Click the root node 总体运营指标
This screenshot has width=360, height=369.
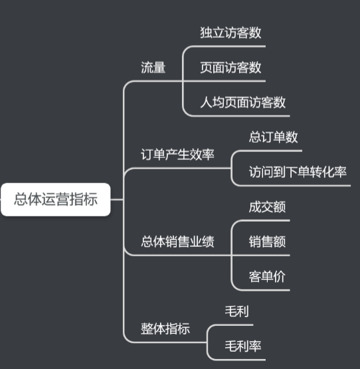56,199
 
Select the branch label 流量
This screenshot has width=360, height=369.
153,68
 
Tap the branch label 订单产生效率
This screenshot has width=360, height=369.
177,155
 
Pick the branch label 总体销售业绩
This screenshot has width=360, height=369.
177,242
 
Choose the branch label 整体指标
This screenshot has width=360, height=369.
165,329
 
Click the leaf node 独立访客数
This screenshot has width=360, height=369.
230,33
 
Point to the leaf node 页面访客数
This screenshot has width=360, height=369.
230,67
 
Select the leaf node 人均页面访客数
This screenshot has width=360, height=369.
243,102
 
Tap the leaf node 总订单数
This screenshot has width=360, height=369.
273,137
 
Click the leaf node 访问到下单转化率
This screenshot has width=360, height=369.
298,172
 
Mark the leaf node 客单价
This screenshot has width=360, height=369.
267,277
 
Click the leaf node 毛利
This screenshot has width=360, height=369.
237,311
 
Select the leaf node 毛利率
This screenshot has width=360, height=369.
243,346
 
